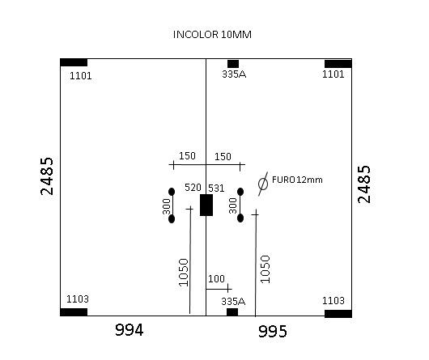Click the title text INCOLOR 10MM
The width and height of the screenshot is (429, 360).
click(212, 35)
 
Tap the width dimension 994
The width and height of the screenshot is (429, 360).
click(130, 329)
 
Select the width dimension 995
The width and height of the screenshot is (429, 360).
click(273, 332)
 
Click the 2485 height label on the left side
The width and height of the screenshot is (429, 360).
click(47, 176)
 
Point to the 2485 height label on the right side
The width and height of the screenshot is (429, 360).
click(364, 184)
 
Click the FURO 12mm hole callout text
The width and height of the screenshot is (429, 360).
click(297, 180)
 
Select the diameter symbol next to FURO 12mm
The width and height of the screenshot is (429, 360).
click(263, 184)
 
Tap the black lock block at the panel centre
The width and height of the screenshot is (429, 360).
click(206, 205)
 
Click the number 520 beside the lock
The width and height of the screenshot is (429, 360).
click(193, 188)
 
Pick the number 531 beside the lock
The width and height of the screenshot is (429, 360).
click(216, 188)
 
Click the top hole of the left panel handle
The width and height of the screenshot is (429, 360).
click(172, 192)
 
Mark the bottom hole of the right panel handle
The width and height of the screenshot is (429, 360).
click(240, 218)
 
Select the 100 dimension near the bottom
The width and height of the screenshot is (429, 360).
click(216, 279)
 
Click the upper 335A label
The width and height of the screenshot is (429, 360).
click(234, 74)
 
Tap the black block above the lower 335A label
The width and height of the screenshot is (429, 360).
click(232, 312)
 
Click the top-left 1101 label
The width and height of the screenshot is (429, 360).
click(80, 76)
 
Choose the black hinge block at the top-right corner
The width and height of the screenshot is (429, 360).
click(338, 64)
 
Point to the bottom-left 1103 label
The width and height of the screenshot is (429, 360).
click(78, 299)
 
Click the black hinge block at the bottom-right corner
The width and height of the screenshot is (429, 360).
click(338, 314)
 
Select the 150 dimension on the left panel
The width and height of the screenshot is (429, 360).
click(188, 156)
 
